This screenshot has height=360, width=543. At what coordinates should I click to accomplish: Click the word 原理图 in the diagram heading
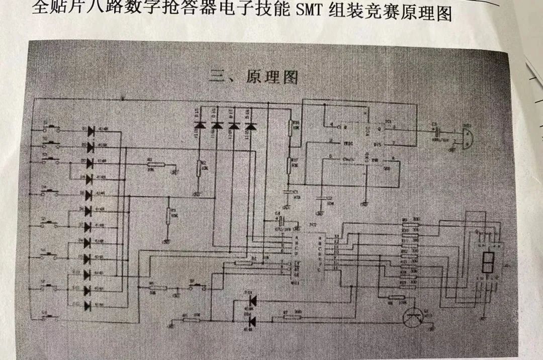[x=272, y=77]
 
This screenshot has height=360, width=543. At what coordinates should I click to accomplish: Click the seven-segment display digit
[x=487, y=260]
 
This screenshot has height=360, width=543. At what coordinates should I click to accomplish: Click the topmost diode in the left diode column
[x=91, y=131]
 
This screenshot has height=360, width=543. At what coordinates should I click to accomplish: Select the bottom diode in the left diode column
[x=91, y=305]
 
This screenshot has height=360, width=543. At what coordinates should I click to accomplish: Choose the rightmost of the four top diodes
[x=249, y=125]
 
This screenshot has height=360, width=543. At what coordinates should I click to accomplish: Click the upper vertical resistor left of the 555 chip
[x=290, y=128]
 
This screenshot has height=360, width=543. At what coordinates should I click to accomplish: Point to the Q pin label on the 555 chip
[x=379, y=128]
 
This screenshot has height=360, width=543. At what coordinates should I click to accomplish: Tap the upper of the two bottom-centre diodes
[x=252, y=301]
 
